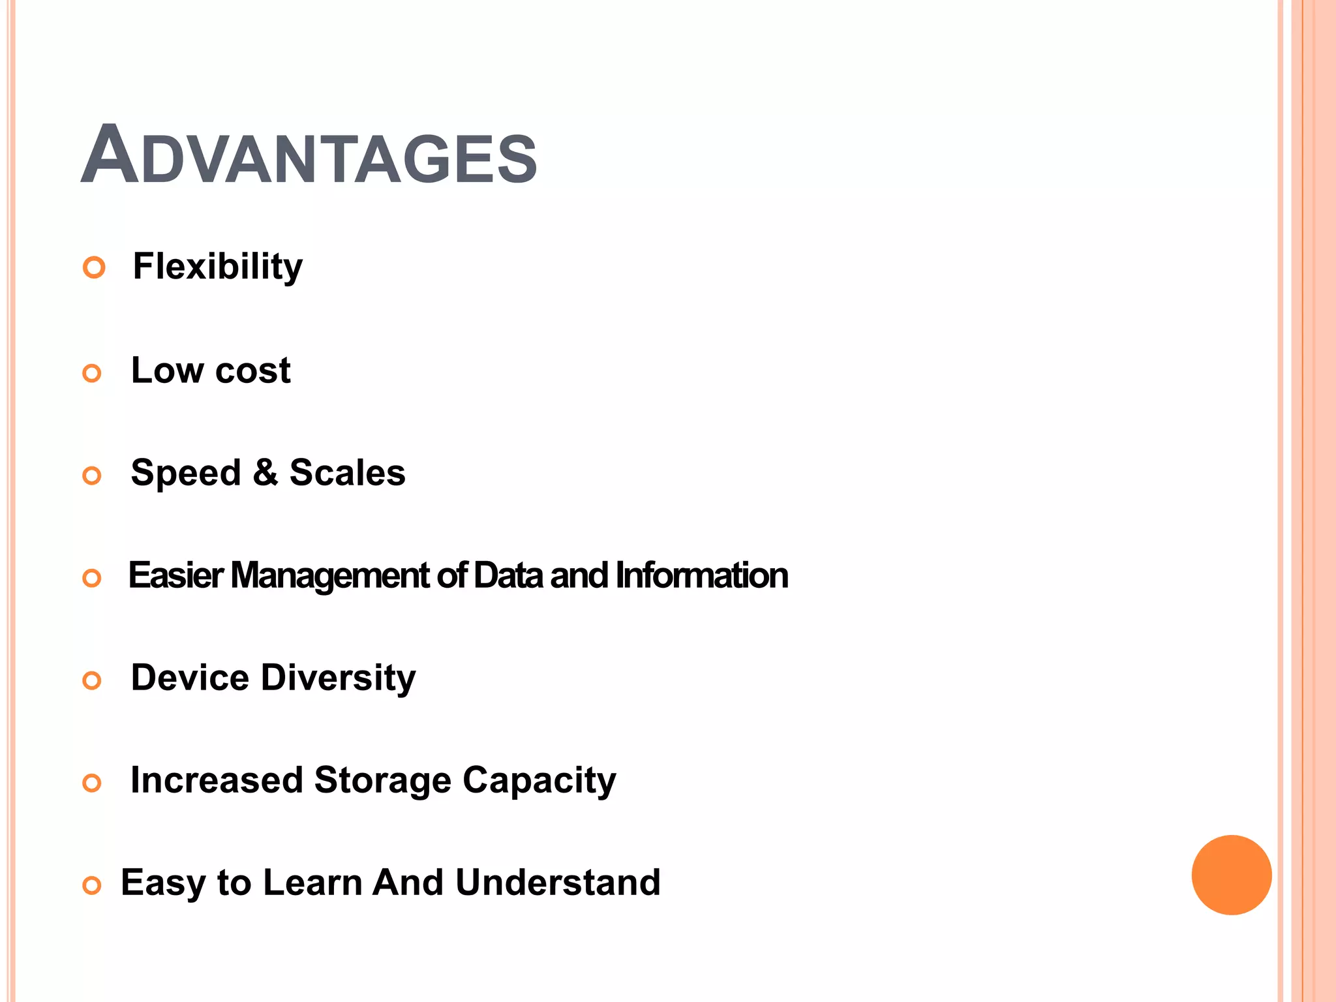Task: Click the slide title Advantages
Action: click(x=309, y=155)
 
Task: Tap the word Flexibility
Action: click(x=218, y=267)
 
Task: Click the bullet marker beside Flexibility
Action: click(x=94, y=267)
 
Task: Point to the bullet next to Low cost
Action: click(x=92, y=373)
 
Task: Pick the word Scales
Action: click(x=347, y=472)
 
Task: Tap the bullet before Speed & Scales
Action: click(x=92, y=476)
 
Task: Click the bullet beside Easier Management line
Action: click(x=92, y=578)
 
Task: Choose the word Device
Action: click(x=190, y=677)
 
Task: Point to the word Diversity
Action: click(x=338, y=678)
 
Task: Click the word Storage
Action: click(x=382, y=780)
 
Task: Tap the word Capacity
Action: click(x=539, y=781)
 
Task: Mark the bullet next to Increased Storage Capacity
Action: click(x=92, y=783)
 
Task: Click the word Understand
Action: click(x=558, y=882)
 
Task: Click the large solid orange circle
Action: click(x=1231, y=875)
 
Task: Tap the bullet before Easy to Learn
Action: click(x=92, y=885)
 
